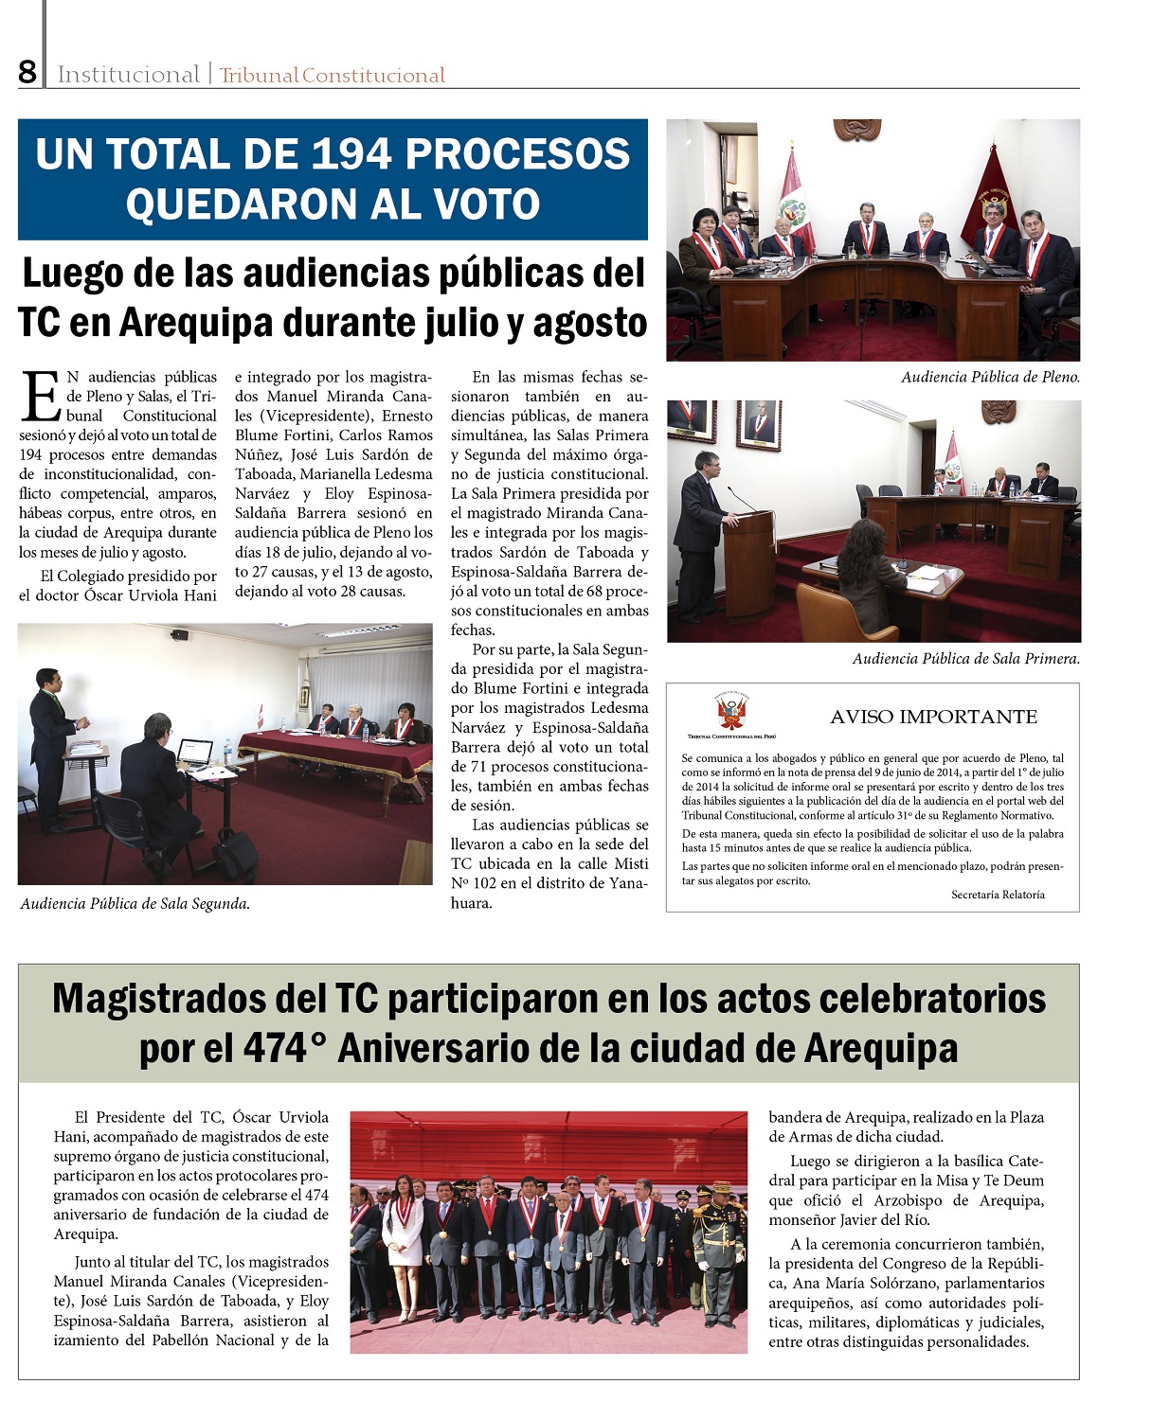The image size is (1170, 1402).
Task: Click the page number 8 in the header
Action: coord(27,72)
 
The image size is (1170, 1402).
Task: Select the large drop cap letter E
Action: coord(41,396)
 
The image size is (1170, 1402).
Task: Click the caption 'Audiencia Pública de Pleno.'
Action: coord(989,377)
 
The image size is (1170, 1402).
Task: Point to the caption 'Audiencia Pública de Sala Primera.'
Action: coord(965,658)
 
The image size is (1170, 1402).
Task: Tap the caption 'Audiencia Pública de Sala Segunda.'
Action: coord(135,903)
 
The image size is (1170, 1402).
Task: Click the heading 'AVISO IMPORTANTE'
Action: coord(933,717)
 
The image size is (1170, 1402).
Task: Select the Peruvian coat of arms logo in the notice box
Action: coord(731,712)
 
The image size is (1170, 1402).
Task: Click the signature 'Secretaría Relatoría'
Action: coord(998,895)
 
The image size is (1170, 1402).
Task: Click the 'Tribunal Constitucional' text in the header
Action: coord(332,76)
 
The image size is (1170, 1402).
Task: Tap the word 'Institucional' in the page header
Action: coord(128,75)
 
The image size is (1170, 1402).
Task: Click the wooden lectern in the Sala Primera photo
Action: coord(748,562)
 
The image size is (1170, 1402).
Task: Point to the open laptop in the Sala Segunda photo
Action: coord(195,753)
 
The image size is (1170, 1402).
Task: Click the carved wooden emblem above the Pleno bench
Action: coord(856,129)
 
